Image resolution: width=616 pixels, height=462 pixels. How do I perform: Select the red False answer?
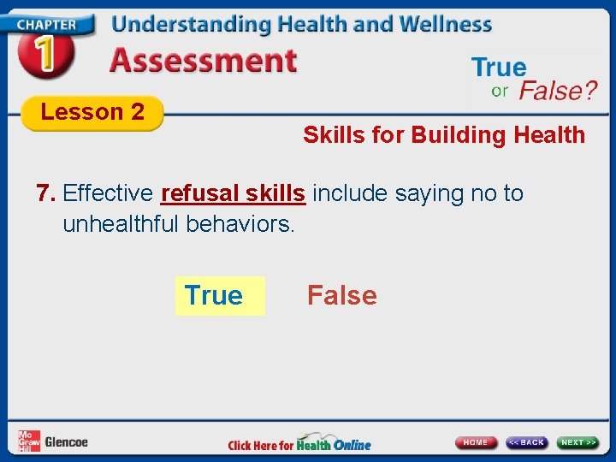[341, 296]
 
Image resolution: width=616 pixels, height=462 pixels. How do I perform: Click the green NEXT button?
[578, 442]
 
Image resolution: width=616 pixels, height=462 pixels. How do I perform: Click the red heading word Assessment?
[204, 62]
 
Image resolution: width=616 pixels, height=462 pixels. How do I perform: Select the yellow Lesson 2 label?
[92, 112]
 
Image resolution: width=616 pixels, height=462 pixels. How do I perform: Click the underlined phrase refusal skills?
[233, 193]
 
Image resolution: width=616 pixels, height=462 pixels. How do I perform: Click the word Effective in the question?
[109, 193]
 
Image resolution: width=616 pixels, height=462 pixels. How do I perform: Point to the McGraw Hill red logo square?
[27, 441]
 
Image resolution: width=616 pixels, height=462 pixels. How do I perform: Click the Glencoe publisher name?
[66, 442]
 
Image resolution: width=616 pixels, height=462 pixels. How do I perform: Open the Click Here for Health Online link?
[299, 444]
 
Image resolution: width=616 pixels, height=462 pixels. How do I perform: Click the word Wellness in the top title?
[441, 24]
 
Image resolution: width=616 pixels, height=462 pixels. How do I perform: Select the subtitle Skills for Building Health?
[443, 135]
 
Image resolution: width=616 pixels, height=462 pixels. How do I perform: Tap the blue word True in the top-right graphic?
[499, 68]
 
